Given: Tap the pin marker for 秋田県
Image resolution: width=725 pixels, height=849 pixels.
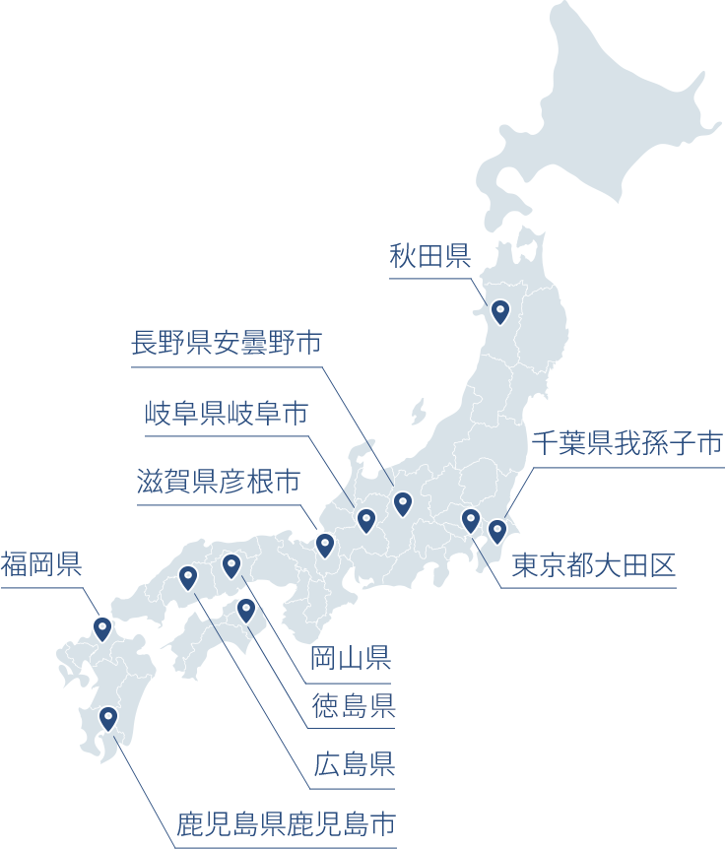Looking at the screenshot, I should pos(500,311).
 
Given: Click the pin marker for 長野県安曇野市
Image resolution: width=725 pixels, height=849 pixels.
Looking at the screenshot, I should pos(402,503).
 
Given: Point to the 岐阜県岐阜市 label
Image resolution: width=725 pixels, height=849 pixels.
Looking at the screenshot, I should pos(226,413).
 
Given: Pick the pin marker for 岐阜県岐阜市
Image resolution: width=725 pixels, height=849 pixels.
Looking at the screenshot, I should pos(366,519).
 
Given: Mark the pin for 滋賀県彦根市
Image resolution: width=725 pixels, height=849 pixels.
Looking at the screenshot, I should pos(325,544).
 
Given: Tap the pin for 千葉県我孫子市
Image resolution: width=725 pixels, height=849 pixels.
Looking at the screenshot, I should pos(497,531).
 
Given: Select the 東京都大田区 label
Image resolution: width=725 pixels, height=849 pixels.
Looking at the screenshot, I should pos(593,565).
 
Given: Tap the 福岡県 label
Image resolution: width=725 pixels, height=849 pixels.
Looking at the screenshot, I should pos(40,564).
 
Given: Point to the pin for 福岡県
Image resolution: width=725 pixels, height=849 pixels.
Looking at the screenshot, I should pos(102,627).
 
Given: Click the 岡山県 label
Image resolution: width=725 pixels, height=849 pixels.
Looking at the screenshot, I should pos(352,657).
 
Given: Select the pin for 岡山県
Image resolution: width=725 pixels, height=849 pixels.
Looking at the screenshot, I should pos(231,564).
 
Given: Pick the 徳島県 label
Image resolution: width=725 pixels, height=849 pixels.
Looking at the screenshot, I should pos(354,705).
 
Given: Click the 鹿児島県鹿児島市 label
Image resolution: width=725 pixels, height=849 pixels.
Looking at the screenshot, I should pos(287,823).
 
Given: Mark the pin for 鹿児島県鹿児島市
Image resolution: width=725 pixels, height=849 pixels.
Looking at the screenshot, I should pos(108,718).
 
